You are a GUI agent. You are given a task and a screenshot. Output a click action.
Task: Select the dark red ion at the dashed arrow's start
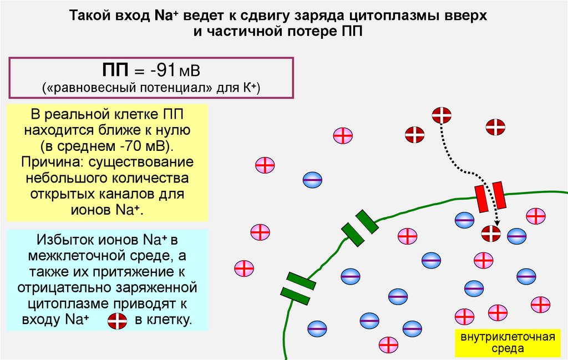click(x=442, y=115)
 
